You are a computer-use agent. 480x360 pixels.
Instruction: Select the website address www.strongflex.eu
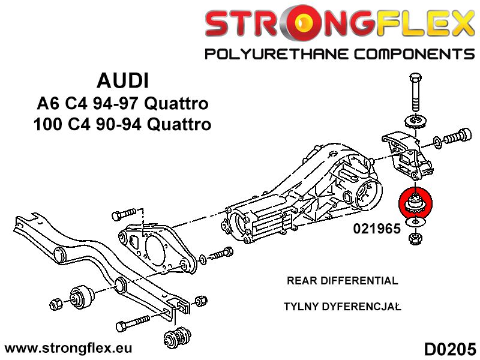click(x=68, y=348)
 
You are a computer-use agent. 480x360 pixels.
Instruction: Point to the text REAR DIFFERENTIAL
click(x=343, y=281)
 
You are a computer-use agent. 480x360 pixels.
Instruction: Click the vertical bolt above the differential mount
click(x=415, y=93)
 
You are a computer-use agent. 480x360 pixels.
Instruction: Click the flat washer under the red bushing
click(x=415, y=224)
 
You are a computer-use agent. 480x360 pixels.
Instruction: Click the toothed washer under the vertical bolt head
click(x=415, y=121)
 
